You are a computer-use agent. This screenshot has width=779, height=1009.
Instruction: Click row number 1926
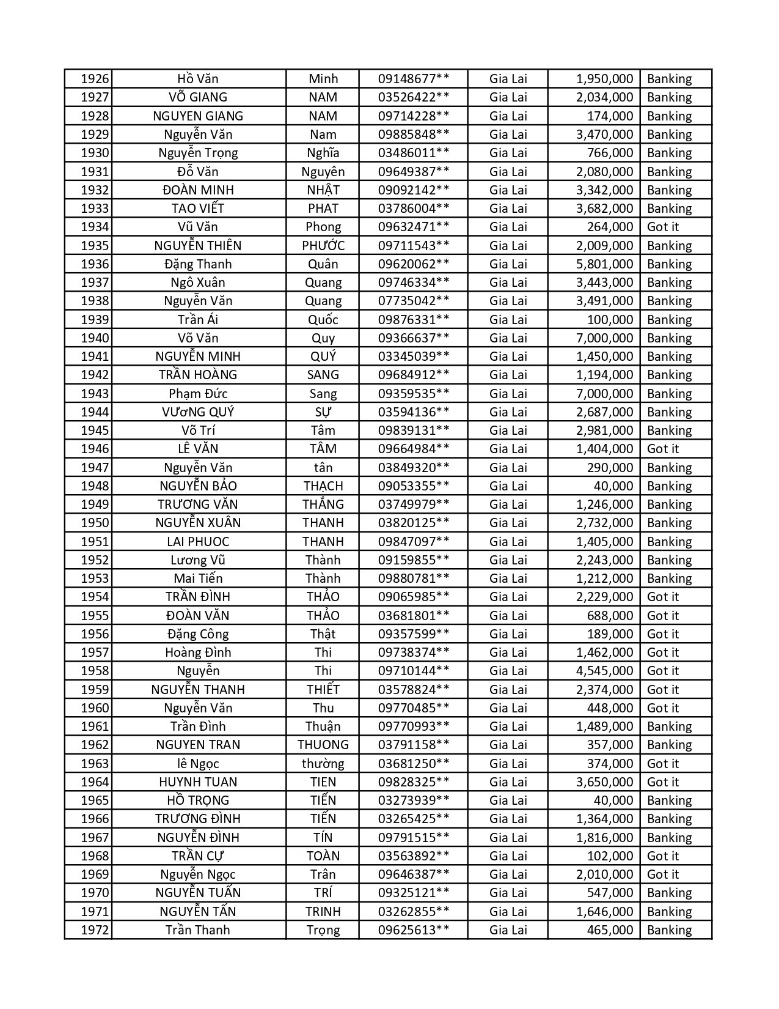pyautogui.click(x=95, y=79)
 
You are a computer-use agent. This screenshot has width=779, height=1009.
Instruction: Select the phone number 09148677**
pyautogui.click(x=414, y=79)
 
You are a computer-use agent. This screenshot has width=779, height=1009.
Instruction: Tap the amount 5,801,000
pyautogui.click(x=604, y=264)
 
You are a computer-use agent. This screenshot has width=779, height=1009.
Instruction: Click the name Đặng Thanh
pyautogui.click(x=198, y=264)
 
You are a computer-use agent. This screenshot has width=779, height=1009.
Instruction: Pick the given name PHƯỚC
pyautogui.click(x=323, y=246)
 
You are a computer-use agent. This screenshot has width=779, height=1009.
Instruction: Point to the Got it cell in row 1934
pyautogui.click(x=663, y=227)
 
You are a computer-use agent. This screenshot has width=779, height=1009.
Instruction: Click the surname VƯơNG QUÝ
pyautogui.click(x=198, y=412)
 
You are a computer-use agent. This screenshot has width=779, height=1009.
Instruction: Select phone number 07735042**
pyautogui.click(x=414, y=301)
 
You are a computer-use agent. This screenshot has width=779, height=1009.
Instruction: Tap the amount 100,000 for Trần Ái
pyautogui.click(x=610, y=320)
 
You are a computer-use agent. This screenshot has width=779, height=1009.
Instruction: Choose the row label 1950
pyautogui.click(x=95, y=523)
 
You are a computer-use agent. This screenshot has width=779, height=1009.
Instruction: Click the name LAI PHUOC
pyautogui.click(x=198, y=542)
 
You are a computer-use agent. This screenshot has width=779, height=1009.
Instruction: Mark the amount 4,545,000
pyautogui.click(x=604, y=671)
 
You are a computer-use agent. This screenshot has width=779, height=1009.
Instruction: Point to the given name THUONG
pyautogui.click(x=323, y=745)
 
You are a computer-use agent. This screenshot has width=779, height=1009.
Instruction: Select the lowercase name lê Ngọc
pyautogui.click(x=198, y=764)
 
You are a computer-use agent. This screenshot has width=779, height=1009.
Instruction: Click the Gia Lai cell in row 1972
pyautogui.click(x=508, y=930)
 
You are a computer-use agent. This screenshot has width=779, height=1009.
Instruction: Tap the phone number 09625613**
pyautogui.click(x=414, y=930)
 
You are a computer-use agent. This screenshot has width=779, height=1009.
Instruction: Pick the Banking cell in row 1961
pyautogui.click(x=669, y=726)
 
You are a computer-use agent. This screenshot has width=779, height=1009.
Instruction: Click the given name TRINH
pyautogui.click(x=323, y=912)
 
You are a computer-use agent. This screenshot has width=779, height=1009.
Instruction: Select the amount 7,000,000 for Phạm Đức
pyautogui.click(x=604, y=394)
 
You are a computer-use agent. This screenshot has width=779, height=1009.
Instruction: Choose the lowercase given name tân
pyautogui.click(x=323, y=468)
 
